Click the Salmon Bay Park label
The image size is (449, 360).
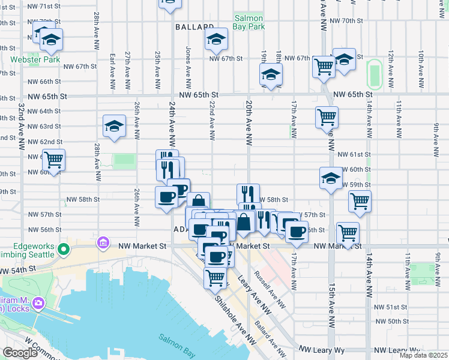coord(250,23)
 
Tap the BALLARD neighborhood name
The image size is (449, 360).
coord(195,27)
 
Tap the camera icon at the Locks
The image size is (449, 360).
coord(39,303)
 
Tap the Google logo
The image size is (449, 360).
coord(20,353)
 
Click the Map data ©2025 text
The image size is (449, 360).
coord(423,355)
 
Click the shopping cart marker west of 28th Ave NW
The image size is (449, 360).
coord(53,161)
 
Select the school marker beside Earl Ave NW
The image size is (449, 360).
coord(113,127)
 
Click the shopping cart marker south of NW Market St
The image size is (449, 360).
coord(215,277)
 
